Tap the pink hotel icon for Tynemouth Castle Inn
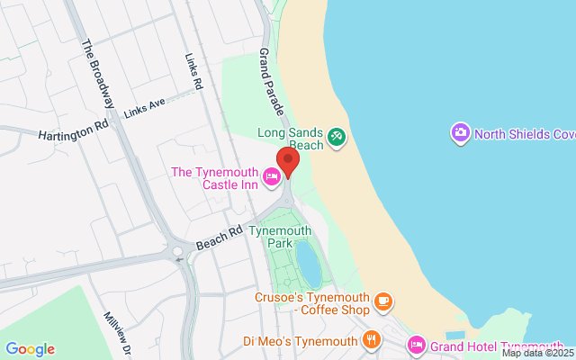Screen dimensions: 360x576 272,173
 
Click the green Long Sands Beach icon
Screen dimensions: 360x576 337,136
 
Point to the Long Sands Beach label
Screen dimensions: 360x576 292,137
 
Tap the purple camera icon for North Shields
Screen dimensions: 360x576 460,133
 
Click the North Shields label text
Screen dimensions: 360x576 525,134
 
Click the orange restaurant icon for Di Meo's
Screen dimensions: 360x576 370,340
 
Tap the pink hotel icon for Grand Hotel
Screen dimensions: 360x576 417,345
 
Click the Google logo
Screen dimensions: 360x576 30,349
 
